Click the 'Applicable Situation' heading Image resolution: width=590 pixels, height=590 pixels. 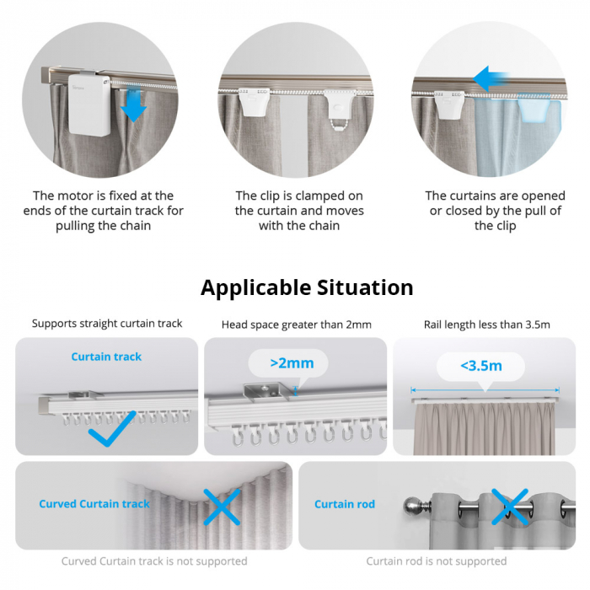tap(307, 287)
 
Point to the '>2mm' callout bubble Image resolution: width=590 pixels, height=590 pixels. tap(292, 363)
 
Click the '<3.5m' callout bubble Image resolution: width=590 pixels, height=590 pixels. tap(480, 367)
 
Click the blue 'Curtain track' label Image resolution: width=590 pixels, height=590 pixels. tap(106, 357)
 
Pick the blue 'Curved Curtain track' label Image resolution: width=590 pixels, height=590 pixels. tap(94, 504)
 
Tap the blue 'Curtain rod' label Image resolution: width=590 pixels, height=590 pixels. tap(345, 504)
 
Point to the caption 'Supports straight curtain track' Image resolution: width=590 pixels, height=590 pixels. tap(107, 324)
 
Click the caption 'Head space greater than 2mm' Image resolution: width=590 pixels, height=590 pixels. tap(296, 324)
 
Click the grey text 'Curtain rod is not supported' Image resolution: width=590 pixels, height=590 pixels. tap(437, 560)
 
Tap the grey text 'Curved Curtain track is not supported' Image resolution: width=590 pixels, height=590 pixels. tap(154, 560)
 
